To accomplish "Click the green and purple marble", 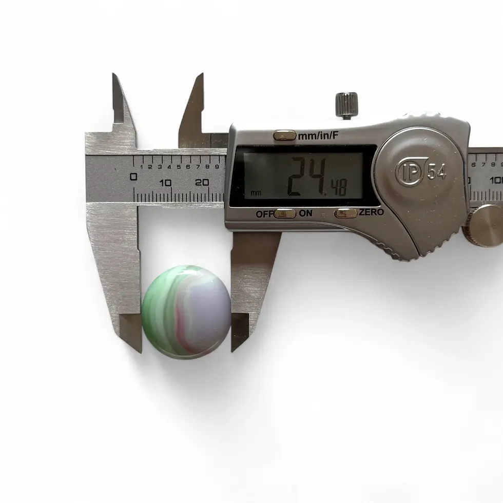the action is tap(186, 312).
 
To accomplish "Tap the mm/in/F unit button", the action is tap(284, 136).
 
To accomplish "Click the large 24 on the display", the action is tap(306, 177).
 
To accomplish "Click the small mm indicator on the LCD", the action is tap(256, 193).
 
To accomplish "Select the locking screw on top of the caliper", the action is tap(346, 105).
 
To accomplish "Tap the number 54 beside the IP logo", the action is tap(436, 171).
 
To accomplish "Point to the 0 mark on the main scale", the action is tap(133, 177).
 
